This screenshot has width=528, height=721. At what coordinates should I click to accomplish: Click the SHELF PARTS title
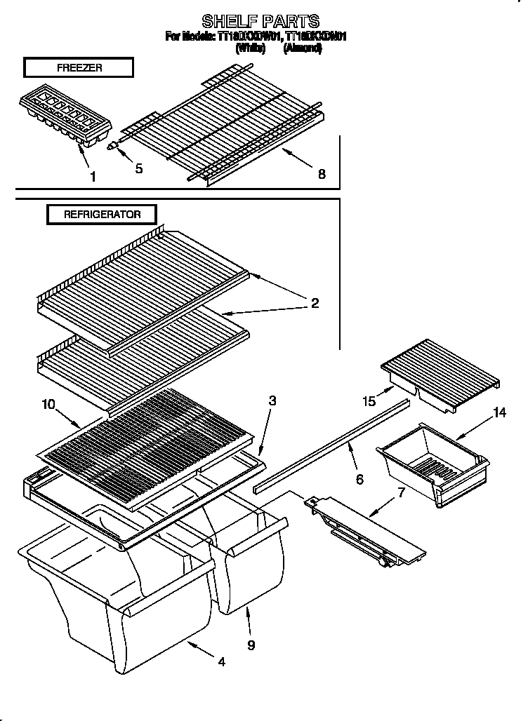tap(260, 20)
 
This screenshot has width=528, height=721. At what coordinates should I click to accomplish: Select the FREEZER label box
tap(78, 67)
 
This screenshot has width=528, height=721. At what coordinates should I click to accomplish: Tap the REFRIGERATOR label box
tap(102, 215)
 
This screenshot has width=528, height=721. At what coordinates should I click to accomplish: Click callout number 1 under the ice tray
tap(93, 176)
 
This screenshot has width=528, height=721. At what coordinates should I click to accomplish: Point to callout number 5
tap(139, 169)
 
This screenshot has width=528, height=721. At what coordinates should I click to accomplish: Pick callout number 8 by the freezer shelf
tap(322, 174)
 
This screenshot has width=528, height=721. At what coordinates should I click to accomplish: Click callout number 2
tap(315, 303)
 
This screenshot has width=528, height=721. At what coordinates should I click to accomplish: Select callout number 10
tap(48, 403)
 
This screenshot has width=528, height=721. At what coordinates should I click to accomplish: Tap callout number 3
tap(272, 401)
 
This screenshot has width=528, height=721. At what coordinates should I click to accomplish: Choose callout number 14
tap(499, 412)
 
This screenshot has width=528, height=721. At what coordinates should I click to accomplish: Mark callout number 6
tap(359, 479)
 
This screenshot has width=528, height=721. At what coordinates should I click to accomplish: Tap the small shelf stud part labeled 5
tap(114, 146)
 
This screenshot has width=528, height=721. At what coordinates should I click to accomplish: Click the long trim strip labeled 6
tap(330, 444)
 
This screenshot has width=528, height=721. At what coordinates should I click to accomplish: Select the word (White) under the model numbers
tap(250, 48)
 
